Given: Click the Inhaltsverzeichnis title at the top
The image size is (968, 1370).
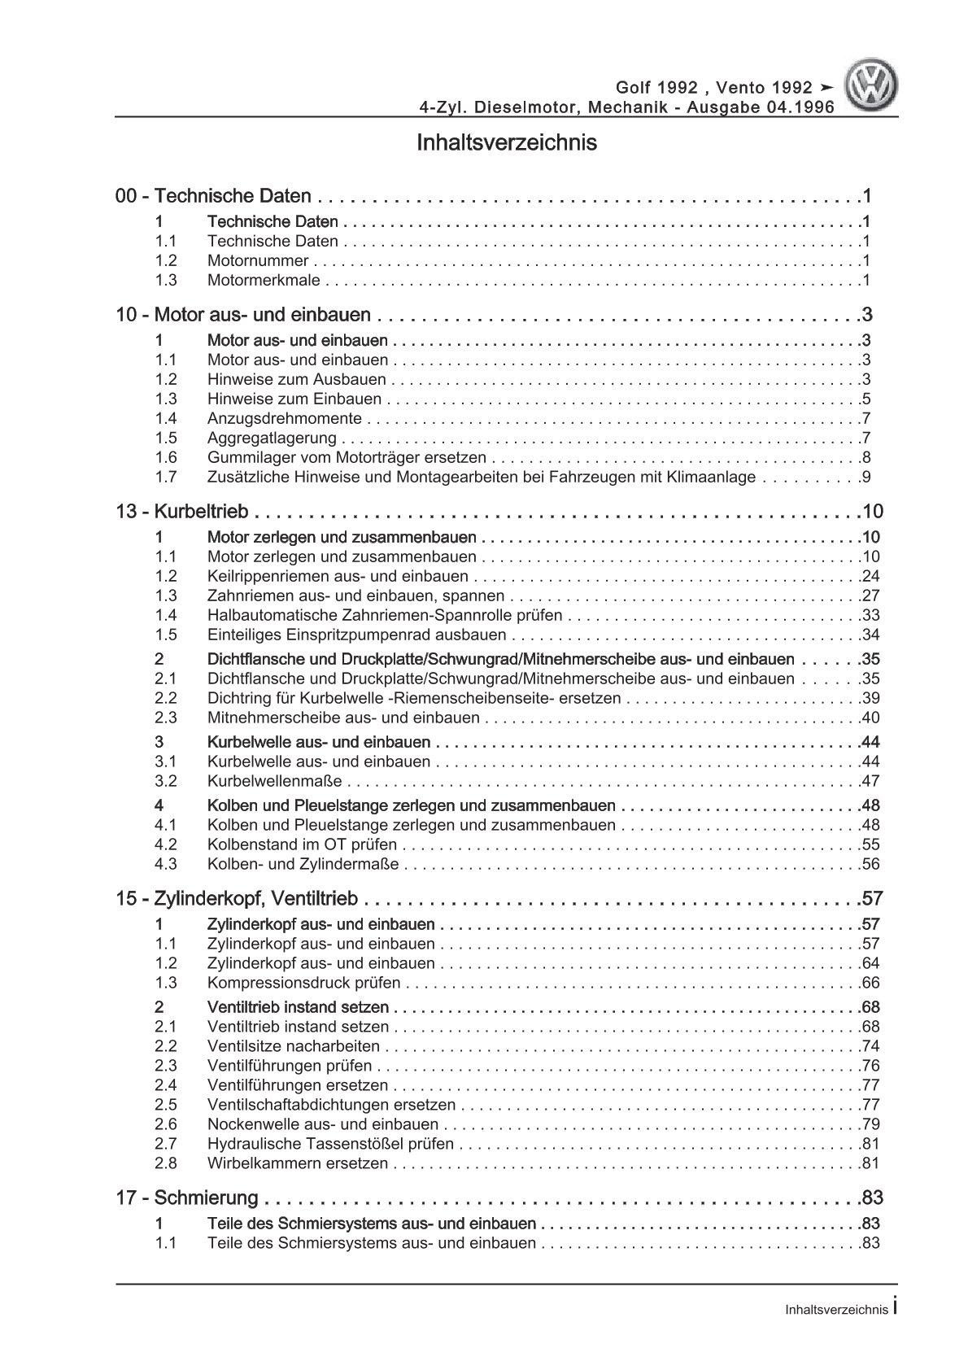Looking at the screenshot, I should pos(506,143).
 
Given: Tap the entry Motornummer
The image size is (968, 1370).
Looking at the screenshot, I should pos(258,261).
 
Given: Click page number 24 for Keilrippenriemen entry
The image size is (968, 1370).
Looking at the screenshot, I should pos(870,577).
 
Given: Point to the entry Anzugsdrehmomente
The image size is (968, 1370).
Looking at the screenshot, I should pos(284,419).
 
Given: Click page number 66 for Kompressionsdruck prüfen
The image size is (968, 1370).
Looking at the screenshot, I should pos(870,983).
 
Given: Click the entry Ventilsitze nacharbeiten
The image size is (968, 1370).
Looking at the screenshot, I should pos(293,1047).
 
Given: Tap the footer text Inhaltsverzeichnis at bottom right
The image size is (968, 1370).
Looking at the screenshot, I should pos(837,1311).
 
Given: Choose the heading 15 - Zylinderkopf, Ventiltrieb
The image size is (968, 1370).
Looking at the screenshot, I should pos(237,899).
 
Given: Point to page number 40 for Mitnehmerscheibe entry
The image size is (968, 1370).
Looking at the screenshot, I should pos(870,718).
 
